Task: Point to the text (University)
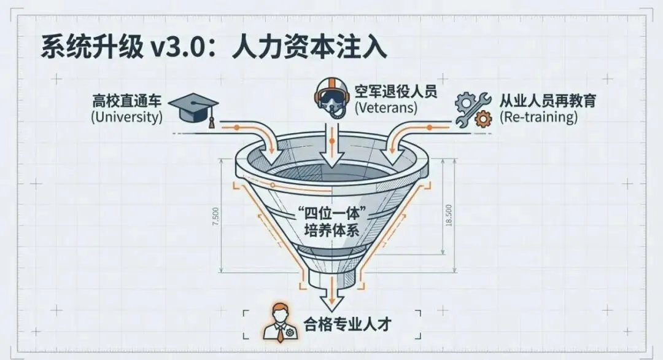click(126, 117)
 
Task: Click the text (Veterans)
click(386, 108)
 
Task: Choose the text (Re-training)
click(538, 117)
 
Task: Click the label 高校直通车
click(128, 100)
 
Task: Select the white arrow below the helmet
click(331, 147)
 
